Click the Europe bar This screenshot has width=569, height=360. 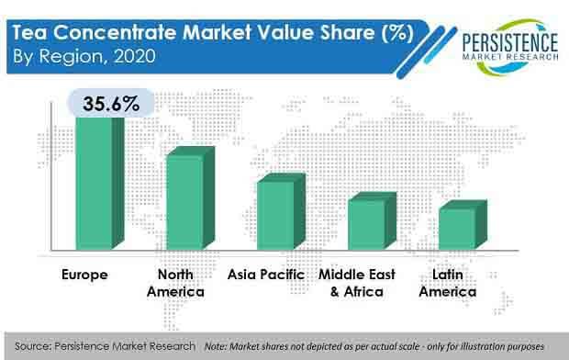point(93,184)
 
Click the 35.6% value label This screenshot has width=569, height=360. point(103,104)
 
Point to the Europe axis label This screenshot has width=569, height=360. point(84,274)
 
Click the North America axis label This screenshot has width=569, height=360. point(181,283)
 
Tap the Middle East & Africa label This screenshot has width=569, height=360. point(358,283)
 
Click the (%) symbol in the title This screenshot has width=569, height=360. point(394,34)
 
